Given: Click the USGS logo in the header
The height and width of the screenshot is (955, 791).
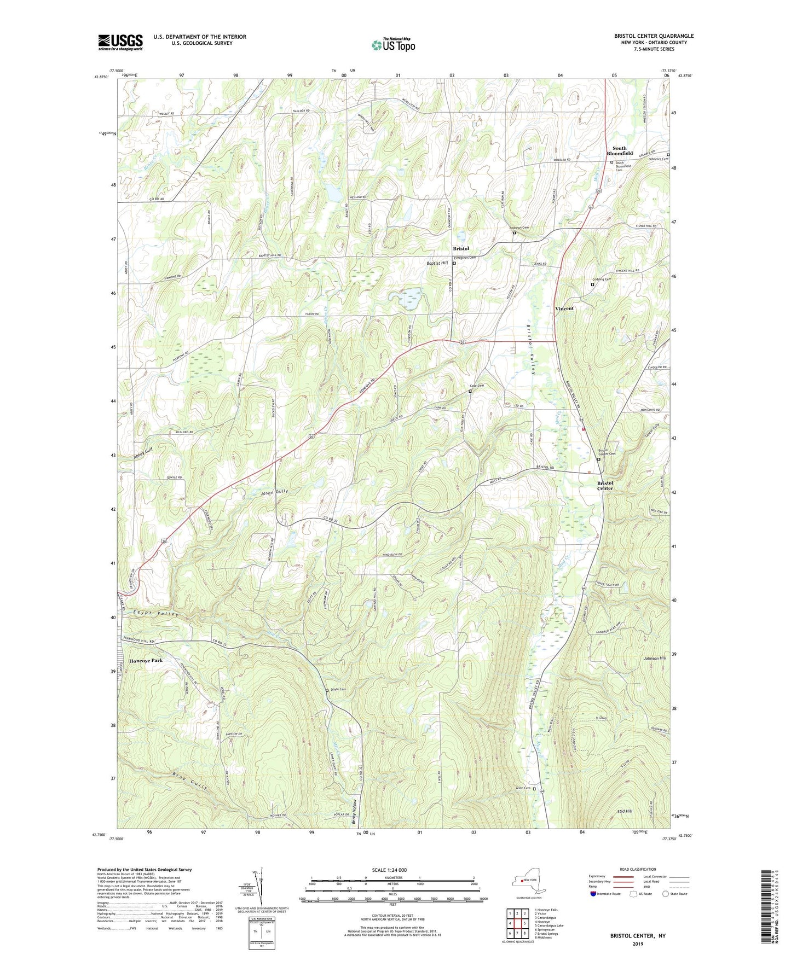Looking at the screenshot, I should [x=120, y=42].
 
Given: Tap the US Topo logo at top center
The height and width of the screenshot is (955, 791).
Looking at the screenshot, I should [x=394, y=45].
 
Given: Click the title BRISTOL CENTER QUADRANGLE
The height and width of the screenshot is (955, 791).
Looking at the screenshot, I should [x=654, y=36].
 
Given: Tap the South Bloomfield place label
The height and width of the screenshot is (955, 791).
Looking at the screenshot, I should [x=619, y=151].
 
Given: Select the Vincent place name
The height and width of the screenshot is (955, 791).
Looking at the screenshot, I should [x=564, y=308].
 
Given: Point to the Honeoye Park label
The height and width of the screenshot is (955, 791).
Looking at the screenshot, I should [x=146, y=661].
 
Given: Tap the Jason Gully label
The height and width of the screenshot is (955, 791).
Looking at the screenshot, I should [x=274, y=492].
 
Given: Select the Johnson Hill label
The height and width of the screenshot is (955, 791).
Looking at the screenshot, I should [x=655, y=658].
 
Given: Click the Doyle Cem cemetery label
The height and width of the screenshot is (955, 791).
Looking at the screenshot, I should [x=339, y=689].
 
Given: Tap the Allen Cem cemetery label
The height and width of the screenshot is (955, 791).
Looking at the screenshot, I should [x=523, y=788].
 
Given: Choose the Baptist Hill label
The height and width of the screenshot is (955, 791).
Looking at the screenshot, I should [x=437, y=263].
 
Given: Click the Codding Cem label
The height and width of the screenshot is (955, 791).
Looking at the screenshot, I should [x=601, y=279].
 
